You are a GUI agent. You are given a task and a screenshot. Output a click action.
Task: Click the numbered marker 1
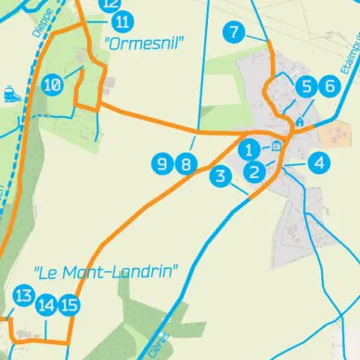pos(248,148)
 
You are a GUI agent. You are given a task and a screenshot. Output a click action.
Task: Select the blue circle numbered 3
pos(220,176)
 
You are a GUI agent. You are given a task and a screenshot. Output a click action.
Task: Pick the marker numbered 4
pos(319,163)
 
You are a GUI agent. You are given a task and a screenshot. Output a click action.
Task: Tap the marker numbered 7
pos(234,33)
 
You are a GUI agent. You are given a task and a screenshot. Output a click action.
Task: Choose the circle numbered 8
pos(186,165)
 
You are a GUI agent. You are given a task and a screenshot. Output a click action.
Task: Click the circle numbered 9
pos(162,165)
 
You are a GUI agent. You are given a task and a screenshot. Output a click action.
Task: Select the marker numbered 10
pos(53,84)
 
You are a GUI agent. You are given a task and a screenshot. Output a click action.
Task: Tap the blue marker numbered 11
pos(122,22)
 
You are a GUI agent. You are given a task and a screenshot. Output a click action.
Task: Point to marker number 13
pos(24,297)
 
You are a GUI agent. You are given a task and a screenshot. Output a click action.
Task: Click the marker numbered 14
pos(46,304)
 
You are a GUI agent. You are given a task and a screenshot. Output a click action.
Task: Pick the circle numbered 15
pos(69,304)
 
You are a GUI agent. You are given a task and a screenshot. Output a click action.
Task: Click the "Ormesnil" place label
pos(146,43)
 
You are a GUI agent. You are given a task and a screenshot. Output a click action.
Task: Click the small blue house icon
pos(300,122)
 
